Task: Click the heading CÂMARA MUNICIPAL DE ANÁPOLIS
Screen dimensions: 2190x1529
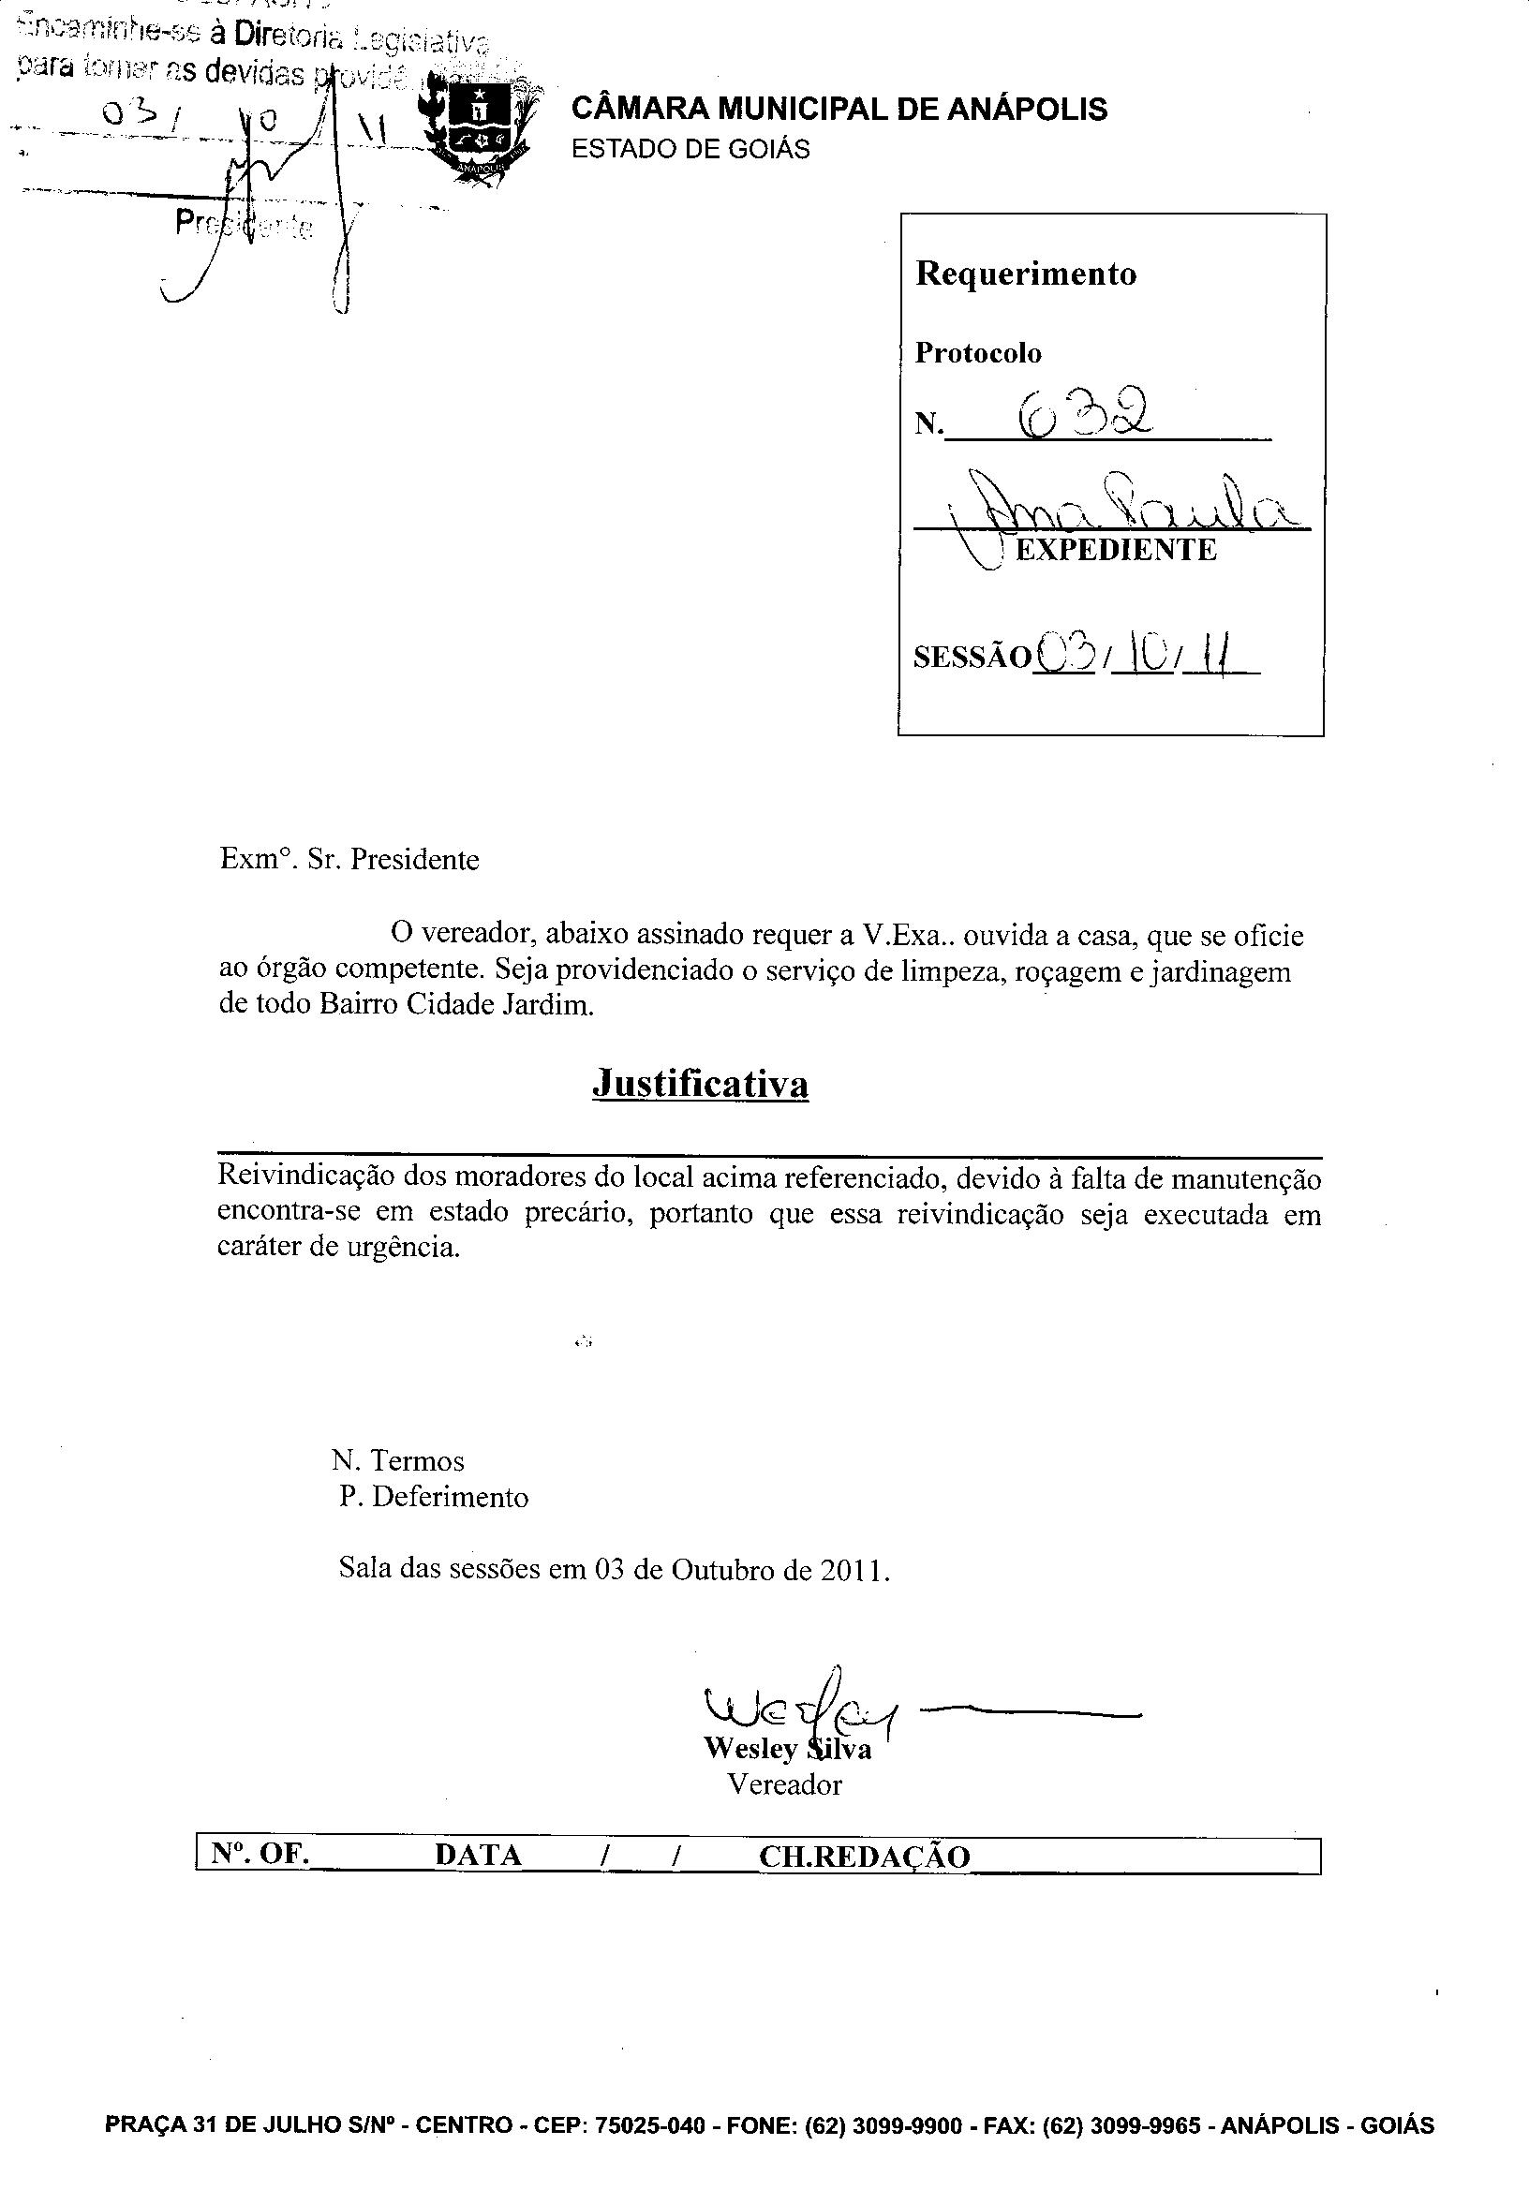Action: point(839,109)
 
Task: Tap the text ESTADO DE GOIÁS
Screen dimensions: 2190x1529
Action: point(690,150)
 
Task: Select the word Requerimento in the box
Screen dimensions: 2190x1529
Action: point(1025,274)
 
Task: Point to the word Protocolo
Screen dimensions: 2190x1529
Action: point(978,354)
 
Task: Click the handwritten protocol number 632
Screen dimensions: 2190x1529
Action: point(1083,414)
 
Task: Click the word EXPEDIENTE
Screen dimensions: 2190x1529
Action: point(1116,551)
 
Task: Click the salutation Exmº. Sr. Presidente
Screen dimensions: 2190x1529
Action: point(349,859)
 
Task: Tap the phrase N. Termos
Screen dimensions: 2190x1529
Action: point(398,1460)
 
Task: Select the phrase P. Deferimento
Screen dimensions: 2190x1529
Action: point(434,1496)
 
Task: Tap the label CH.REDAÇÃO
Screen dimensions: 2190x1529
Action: point(863,1856)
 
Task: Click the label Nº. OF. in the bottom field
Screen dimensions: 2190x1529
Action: point(260,1854)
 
